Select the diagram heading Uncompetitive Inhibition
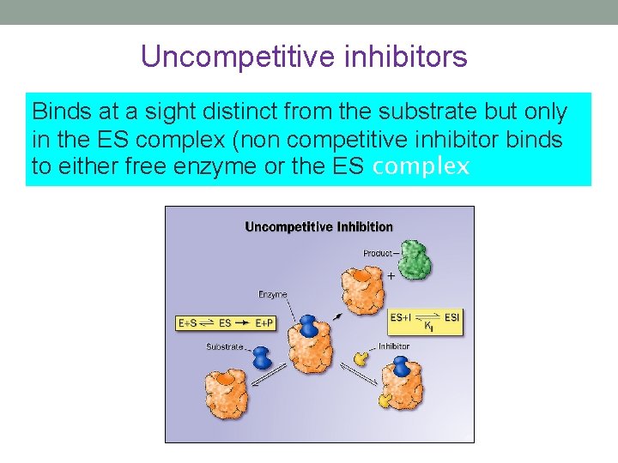click(x=318, y=227)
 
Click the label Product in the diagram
click(x=377, y=253)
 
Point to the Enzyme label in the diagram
click(x=272, y=294)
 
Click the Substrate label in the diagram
click(x=225, y=347)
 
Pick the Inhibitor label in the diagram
click(x=394, y=346)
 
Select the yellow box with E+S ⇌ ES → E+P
click(x=226, y=323)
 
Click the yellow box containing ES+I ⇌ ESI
click(x=425, y=321)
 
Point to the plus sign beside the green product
click(x=391, y=276)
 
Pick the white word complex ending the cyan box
click(x=421, y=166)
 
